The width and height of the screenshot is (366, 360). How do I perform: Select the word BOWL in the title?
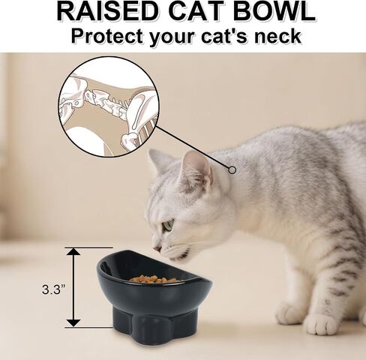click(x=274, y=11)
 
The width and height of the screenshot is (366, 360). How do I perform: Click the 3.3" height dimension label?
click(x=53, y=289)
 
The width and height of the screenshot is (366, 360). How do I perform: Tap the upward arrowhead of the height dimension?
click(x=73, y=252)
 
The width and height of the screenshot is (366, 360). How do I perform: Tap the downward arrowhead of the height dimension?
click(x=73, y=322)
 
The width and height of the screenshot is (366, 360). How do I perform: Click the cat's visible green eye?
click(x=167, y=224)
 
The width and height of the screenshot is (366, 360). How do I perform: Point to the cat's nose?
click(x=157, y=248)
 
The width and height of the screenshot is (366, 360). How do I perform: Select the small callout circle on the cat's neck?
click(x=232, y=170)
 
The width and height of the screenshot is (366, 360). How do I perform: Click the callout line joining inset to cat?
click(x=193, y=147)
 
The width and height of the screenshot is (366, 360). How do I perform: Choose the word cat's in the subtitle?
click(x=225, y=37)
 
